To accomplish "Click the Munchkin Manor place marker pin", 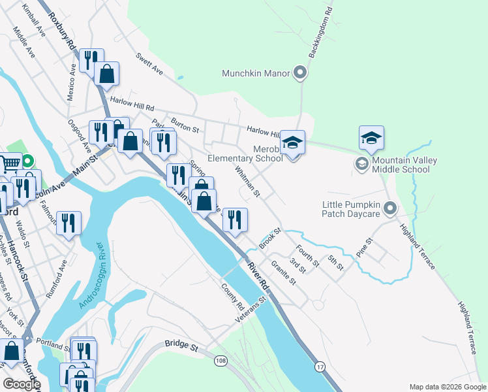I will (300, 73).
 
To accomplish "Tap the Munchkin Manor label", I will (256, 73).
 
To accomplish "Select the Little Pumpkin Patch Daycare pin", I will (390, 209).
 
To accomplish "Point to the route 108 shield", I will (221, 360).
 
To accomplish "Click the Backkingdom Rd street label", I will (321, 33).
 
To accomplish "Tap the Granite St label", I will (283, 273).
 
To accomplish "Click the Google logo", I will (21, 384).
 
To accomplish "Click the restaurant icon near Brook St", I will (235, 221).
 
